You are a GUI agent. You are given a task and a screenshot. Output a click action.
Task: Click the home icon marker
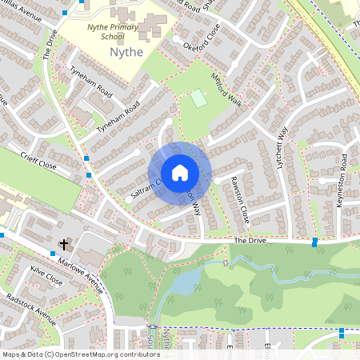[x=180, y=172]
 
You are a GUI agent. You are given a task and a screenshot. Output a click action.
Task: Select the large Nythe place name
[x=125, y=52]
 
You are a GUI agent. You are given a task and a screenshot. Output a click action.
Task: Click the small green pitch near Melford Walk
[x=198, y=98]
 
